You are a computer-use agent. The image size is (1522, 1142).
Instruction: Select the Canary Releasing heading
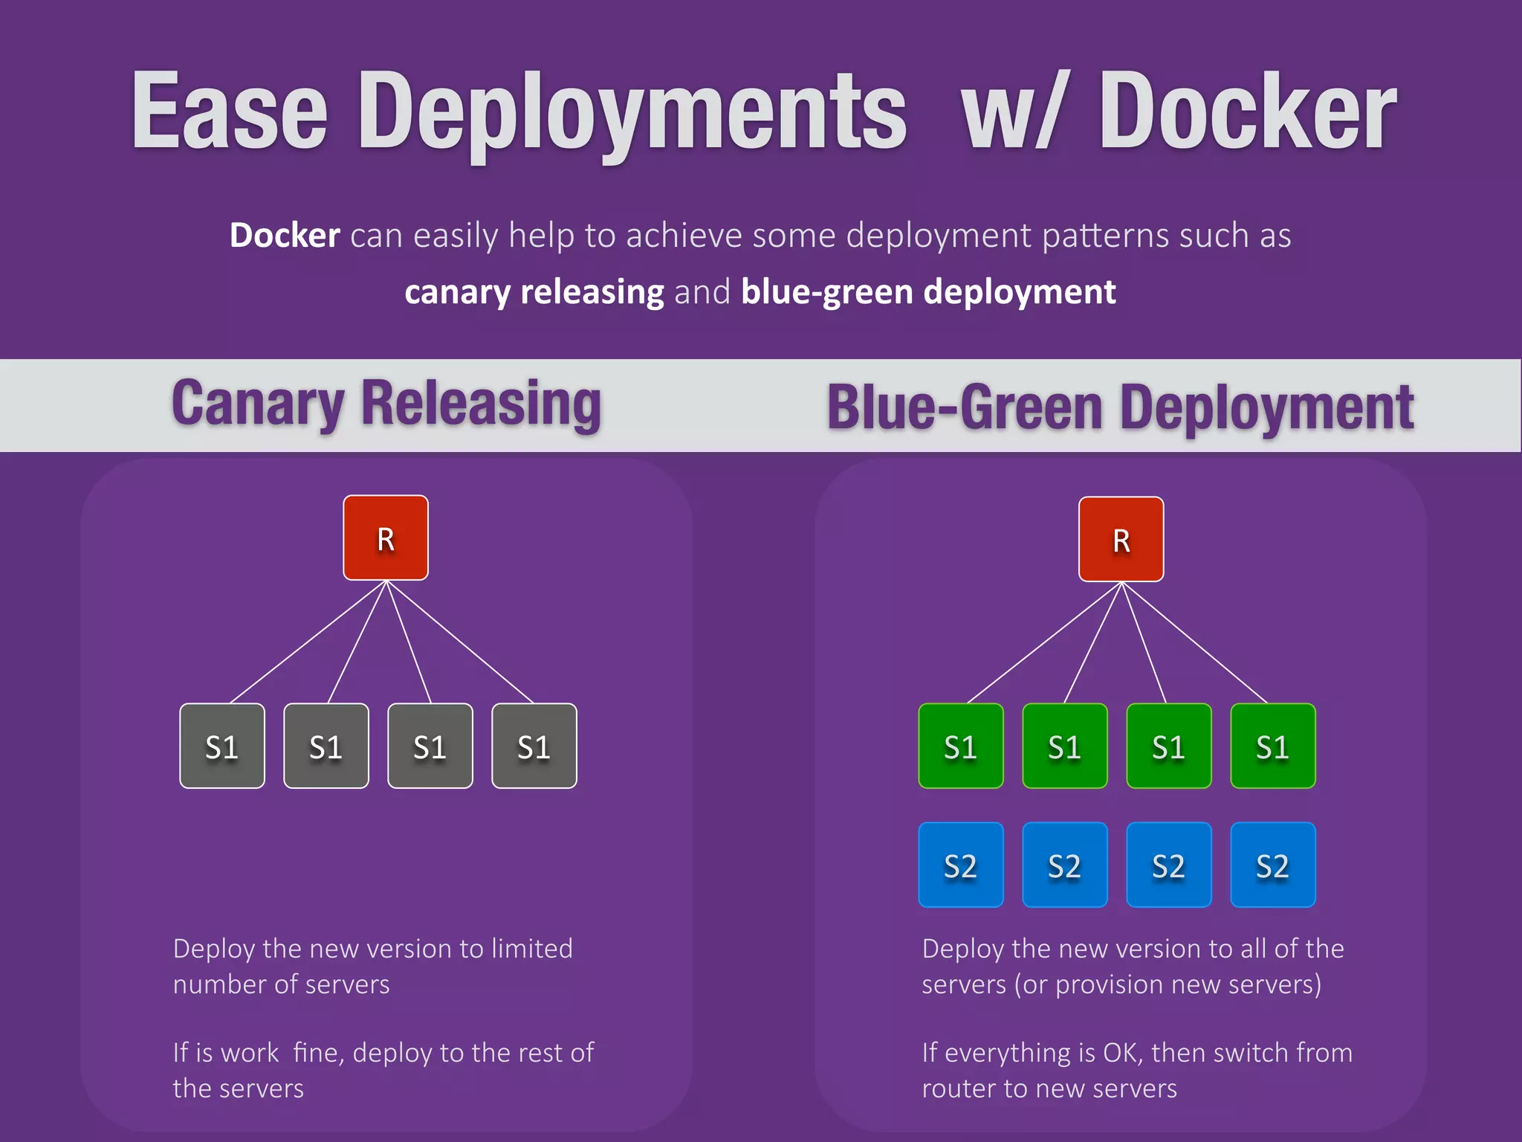tap(386, 404)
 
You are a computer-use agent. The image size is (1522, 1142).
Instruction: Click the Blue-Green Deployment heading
tap(1120, 407)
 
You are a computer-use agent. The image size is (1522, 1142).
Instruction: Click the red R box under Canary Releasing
tap(386, 538)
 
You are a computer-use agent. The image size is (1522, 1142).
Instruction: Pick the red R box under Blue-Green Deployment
tap(1121, 539)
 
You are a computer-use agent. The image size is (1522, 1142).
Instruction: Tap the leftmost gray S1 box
tap(222, 746)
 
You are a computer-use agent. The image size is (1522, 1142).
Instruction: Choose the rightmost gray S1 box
tap(534, 746)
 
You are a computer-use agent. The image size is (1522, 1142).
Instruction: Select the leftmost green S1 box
tap(960, 746)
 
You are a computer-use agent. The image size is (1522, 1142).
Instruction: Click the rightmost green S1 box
tap(1273, 746)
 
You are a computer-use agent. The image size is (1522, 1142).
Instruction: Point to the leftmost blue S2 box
tap(960, 865)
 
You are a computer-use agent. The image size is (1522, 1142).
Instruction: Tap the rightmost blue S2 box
tap(1273, 865)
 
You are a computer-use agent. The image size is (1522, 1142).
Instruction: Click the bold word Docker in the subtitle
tap(285, 236)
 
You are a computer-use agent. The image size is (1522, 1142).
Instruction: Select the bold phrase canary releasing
tap(534, 292)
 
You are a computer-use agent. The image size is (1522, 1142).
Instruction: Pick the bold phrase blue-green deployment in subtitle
tap(928, 292)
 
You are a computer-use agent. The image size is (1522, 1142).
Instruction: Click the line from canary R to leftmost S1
tap(308, 642)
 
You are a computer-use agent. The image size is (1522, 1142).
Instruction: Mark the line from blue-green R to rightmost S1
tap(1194, 642)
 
